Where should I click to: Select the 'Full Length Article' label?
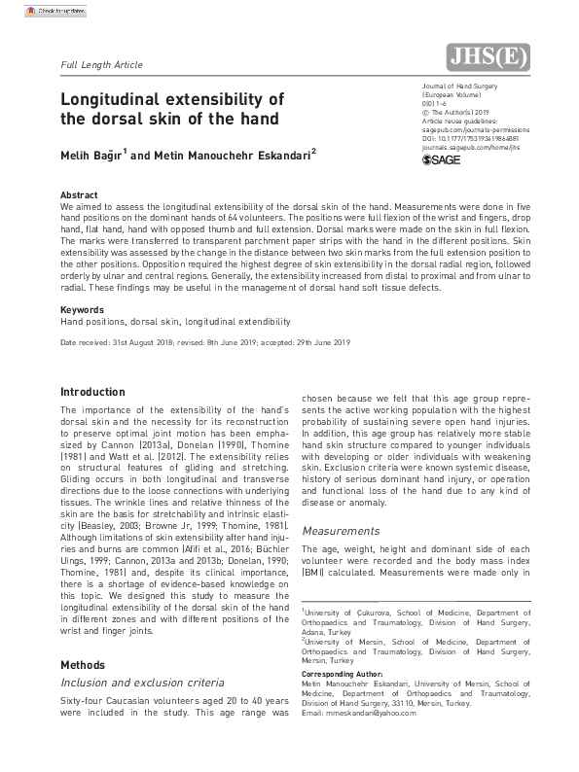pos(101,65)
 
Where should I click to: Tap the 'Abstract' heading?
pos(79,195)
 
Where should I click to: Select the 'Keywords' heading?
pos(82,309)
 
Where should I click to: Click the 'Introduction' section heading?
pos(92,392)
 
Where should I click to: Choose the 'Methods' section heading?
pos(84,664)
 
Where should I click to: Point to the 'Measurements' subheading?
pos(341,531)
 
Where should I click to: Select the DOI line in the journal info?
pos(457,139)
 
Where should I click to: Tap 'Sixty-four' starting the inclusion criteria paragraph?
pos(79,700)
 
